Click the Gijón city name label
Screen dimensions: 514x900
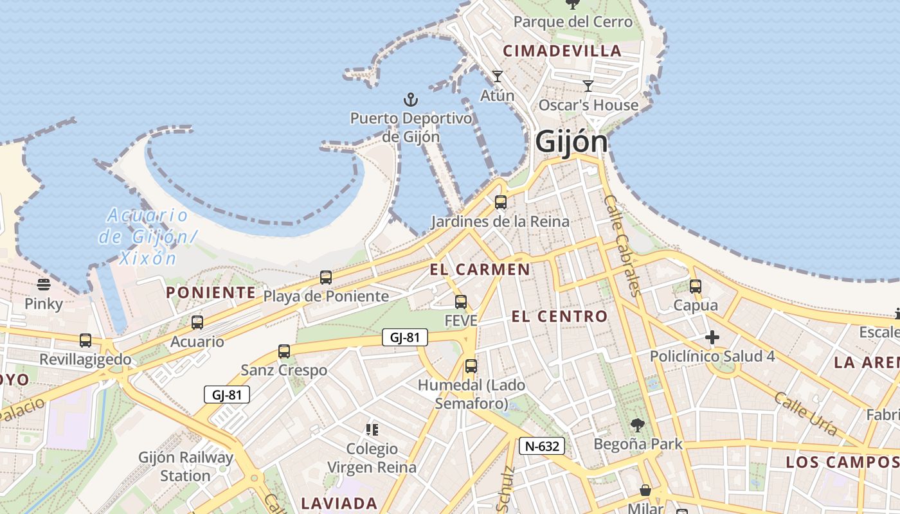(x=571, y=142)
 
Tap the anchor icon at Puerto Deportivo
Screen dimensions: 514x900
(x=410, y=100)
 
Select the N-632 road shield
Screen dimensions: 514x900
(x=542, y=446)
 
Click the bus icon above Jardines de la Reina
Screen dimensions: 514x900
(x=500, y=202)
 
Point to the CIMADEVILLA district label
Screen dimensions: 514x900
(x=562, y=51)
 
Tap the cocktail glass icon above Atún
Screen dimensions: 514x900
(x=497, y=76)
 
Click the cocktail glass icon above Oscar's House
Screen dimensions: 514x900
(x=588, y=86)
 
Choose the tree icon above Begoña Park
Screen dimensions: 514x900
(x=637, y=425)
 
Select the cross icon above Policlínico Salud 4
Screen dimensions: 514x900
(x=712, y=337)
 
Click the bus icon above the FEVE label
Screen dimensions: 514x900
(x=460, y=301)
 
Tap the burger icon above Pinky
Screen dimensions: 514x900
(x=44, y=284)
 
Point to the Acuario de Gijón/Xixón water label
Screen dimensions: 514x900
(x=147, y=236)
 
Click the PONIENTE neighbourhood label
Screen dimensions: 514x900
(x=211, y=293)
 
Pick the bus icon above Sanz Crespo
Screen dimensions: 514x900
(x=283, y=351)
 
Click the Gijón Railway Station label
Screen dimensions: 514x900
(x=186, y=467)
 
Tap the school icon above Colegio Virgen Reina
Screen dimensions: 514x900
(x=372, y=429)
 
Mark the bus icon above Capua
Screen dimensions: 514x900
(x=695, y=287)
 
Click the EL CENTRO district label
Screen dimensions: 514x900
(x=559, y=316)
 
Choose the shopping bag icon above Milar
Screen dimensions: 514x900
(x=645, y=491)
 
